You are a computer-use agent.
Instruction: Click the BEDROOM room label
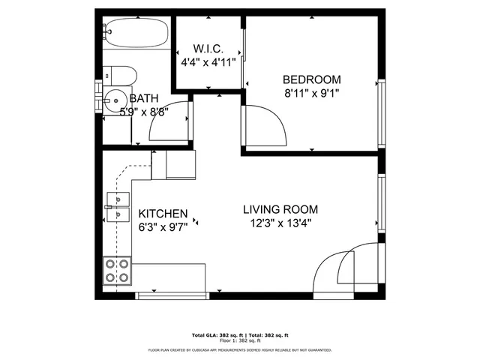coord(311,79)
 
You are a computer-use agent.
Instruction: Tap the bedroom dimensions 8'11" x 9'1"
coord(311,94)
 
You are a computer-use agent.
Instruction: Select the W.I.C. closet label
coord(208,49)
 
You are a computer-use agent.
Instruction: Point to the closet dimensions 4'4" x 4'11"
coord(208,63)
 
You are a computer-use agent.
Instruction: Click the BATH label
coord(143,98)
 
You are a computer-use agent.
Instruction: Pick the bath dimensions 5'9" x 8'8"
coord(143,112)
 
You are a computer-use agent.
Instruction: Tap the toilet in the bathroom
coord(120,74)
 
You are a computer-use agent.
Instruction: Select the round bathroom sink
coord(114,99)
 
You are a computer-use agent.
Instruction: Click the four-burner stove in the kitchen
coord(117,270)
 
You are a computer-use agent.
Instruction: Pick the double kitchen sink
coord(115,207)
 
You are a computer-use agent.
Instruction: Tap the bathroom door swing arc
coord(171,121)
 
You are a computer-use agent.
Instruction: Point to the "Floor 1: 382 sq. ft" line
coord(239,341)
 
